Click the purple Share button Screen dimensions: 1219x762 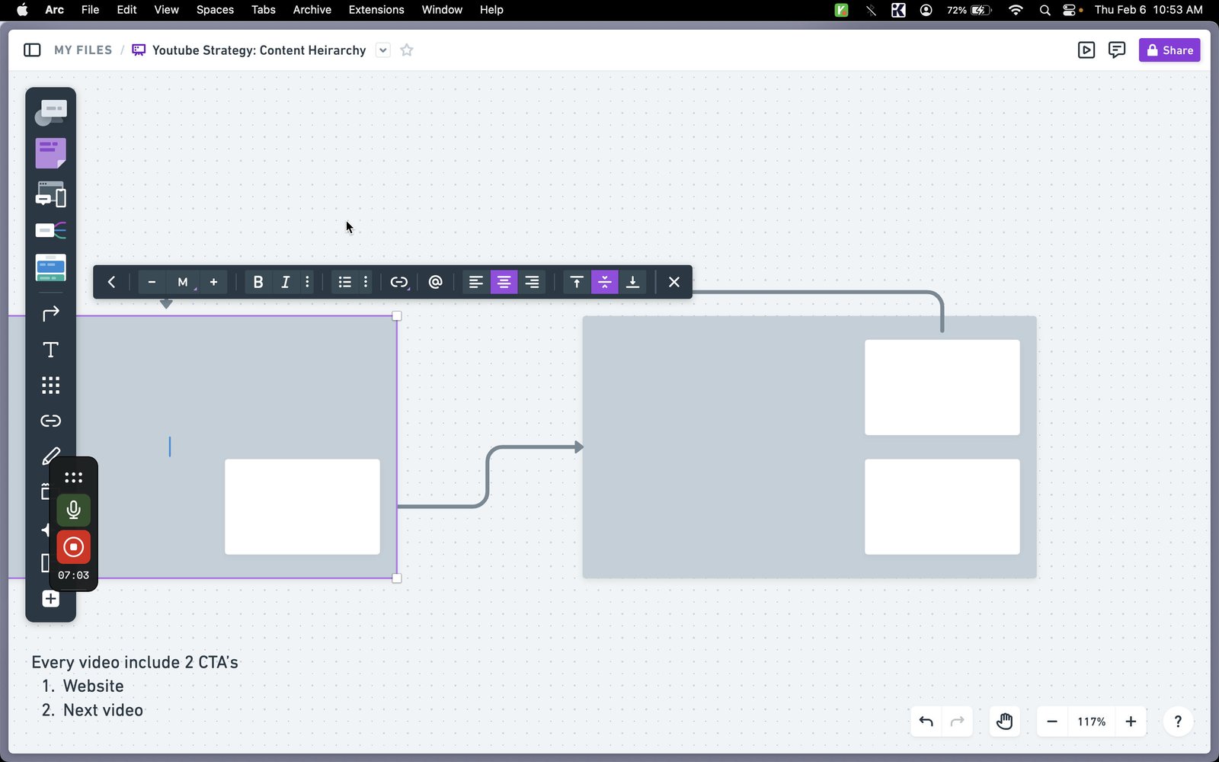[1169, 50]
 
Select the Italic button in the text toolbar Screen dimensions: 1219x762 [285, 282]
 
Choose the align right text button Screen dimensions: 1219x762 [532, 282]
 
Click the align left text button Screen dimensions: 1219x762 [475, 282]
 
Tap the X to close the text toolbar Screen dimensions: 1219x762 [673, 282]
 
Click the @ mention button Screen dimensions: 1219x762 [435, 282]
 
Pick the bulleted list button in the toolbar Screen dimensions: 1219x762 [344, 282]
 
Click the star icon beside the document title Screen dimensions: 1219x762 [407, 50]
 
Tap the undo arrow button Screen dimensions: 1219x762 [926, 722]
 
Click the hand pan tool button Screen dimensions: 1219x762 [1004, 722]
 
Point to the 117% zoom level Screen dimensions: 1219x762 [1091, 722]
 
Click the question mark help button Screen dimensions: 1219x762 [1178, 722]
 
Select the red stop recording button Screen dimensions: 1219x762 [73, 547]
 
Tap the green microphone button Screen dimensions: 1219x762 [73, 510]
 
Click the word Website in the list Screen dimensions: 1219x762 [93, 686]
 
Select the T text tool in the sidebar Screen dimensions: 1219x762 [50, 350]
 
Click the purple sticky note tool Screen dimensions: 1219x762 [50, 153]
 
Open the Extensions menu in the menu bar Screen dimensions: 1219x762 [376, 10]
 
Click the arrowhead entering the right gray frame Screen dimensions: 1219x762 [579, 447]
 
